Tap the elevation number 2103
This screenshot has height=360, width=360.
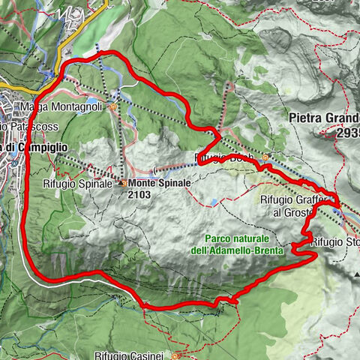139,193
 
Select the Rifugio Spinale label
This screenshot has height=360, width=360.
83,181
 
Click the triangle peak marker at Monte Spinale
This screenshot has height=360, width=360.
121,182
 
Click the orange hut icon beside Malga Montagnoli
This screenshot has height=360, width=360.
113,106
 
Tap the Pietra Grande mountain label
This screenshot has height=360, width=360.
325,118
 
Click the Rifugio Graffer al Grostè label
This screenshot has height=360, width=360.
295,205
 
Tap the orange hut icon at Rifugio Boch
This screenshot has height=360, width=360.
265,157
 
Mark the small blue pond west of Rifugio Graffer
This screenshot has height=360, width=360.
215,202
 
